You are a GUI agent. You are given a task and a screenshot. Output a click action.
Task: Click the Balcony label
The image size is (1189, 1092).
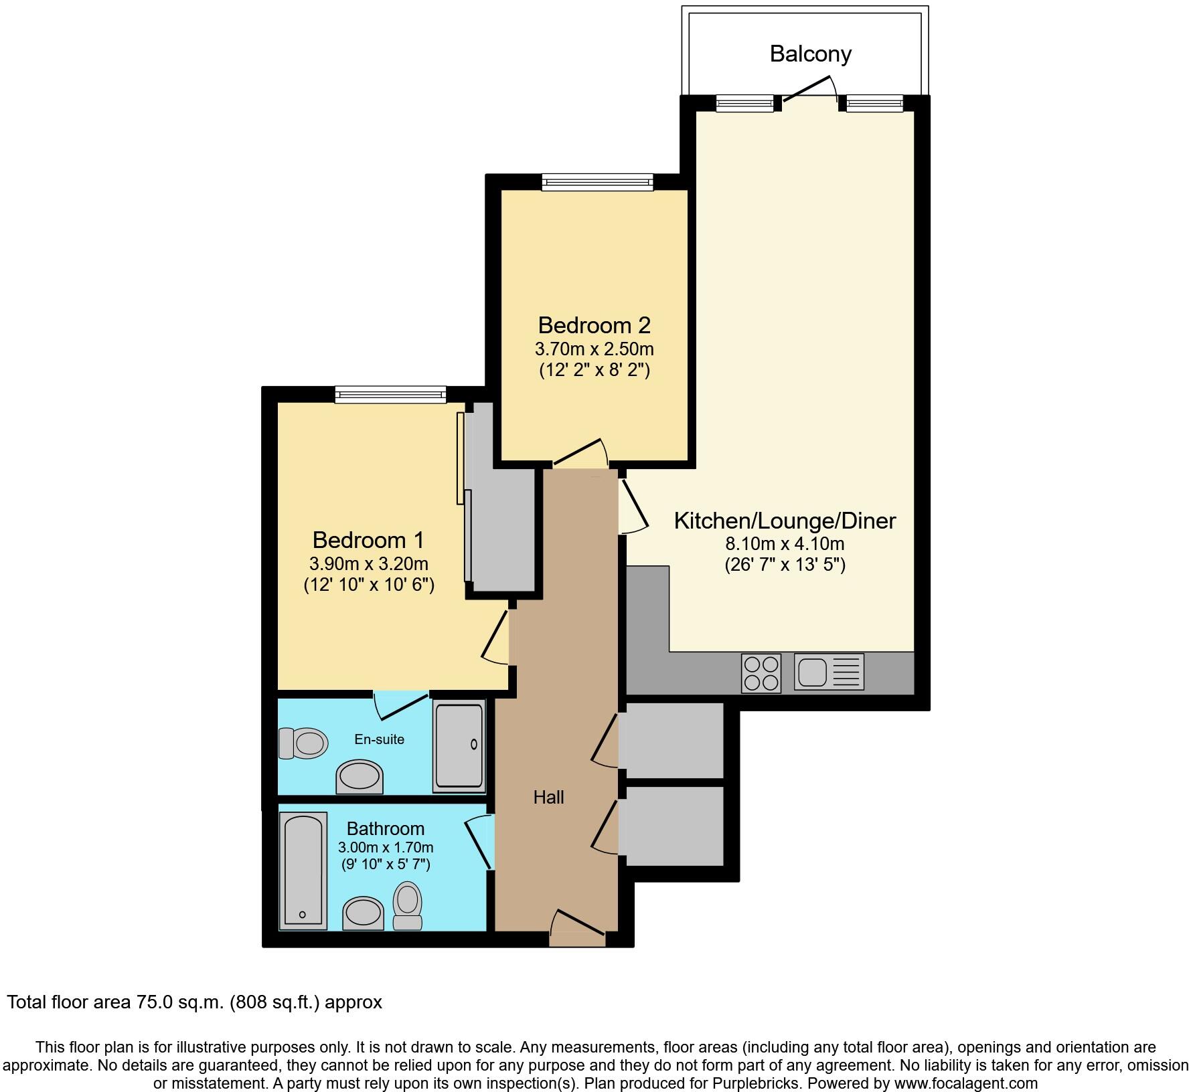[x=810, y=54]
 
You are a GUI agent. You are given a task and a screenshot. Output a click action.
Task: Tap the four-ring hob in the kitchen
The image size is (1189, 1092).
[x=761, y=673]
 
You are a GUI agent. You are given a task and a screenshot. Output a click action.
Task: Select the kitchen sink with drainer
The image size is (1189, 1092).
[x=829, y=672]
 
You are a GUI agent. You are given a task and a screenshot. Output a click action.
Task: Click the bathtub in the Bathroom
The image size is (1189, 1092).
[x=303, y=871]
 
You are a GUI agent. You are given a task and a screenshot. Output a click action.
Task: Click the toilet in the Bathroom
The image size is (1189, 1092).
[x=407, y=905]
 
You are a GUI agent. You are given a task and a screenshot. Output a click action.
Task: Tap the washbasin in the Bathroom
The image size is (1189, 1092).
[x=363, y=913]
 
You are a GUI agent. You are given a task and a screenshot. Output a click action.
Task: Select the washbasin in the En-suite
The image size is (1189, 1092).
[x=360, y=777]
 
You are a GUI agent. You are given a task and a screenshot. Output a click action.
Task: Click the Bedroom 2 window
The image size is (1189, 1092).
[x=597, y=181]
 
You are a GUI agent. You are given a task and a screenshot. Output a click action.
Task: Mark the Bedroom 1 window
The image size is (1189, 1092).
[x=390, y=395]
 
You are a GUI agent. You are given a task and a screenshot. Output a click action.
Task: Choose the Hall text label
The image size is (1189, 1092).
[x=548, y=797]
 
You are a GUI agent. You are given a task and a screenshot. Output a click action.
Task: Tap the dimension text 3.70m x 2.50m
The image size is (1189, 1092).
[x=594, y=349]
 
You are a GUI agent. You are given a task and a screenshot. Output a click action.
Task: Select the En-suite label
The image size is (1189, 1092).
[x=379, y=739]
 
